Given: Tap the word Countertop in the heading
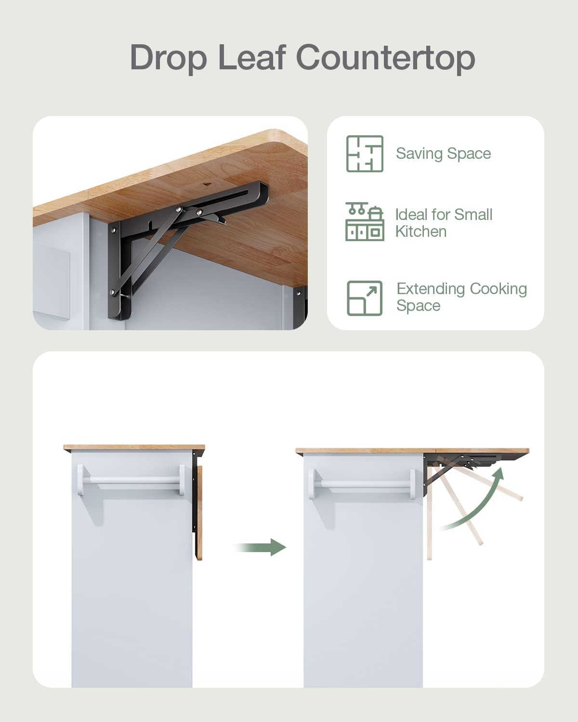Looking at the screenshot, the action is [x=385, y=58].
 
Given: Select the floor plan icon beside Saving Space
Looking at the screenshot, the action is [x=365, y=154].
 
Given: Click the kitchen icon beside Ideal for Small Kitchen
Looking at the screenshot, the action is [x=365, y=221].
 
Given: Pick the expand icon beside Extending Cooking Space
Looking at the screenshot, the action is [x=365, y=298].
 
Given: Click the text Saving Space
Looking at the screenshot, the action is [x=443, y=154].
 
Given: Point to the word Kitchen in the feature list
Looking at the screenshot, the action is [x=421, y=232].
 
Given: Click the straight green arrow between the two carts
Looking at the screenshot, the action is [x=260, y=547].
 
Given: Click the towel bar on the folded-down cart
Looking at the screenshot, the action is [x=131, y=480].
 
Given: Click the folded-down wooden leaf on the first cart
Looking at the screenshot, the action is [x=199, y=513].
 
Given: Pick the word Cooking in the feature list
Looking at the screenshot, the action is [x=499, y=289].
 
